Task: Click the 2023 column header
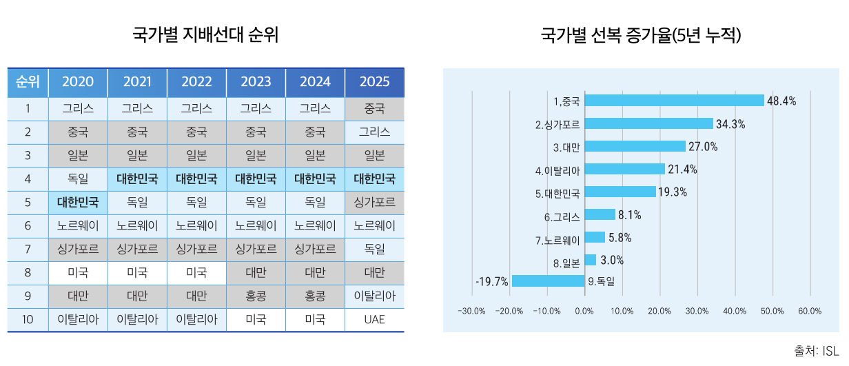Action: click(x=256, y=82)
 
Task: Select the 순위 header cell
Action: click(x=28, y=82)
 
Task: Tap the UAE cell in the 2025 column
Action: click(x=374, y=320)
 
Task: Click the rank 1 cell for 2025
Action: click(x=374, y=109)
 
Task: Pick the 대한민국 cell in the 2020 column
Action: click(x=78, y=203)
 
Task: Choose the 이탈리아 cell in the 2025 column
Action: click(x=374, y=296)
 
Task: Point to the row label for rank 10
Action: click(x=28, y=320)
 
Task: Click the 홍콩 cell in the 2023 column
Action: click(x=256, y=296)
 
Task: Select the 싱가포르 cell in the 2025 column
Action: click(x=374, y=203)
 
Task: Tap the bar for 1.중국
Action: click(x=674, y=101)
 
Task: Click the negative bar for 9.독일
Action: click(x=548, y=281)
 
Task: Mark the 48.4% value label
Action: click(x=781, y=101)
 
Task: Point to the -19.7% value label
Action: click(x=492, y=281)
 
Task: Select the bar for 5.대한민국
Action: click(x=620, y=192)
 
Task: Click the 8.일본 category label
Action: click(x=567, y=263)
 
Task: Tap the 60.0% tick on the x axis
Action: click(x=810, y=311)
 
